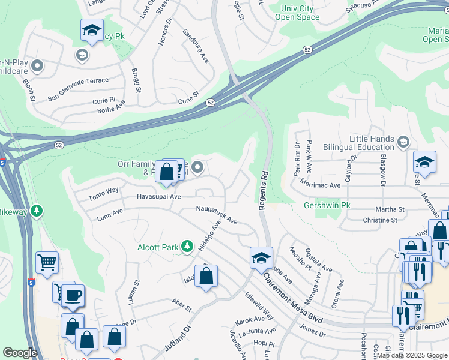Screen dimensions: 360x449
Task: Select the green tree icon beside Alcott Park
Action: point(187,246)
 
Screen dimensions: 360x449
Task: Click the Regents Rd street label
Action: point(262,190)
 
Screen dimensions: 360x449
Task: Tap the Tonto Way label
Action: point(103,191)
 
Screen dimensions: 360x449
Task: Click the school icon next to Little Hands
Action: point(403,142)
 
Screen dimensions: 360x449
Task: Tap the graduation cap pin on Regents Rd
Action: point(261,257)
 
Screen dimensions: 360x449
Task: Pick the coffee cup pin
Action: point(73,295)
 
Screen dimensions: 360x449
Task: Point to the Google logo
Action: point(20,353)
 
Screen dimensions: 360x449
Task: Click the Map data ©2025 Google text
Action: point(412,355)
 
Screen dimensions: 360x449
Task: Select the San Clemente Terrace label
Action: point(78,81)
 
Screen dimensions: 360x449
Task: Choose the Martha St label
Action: point(390,209)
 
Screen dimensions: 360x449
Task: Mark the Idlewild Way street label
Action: point(259,306)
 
